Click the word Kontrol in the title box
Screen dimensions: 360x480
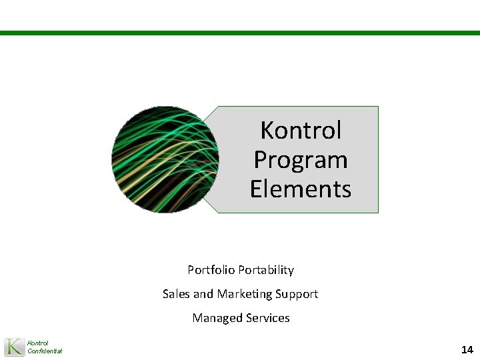(301, 130)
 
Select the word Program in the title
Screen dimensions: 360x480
(301, 161)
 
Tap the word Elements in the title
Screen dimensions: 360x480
(301, 189)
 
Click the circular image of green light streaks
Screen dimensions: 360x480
(165, 159)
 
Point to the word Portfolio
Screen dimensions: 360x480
(209, 270)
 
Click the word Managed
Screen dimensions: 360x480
(215, 318)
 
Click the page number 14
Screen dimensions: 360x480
(467, 349)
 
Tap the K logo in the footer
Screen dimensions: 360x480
(14, 347)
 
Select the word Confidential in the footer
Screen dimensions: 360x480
(45, 351)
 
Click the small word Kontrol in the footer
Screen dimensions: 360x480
(37, 343)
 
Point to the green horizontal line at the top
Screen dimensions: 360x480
(240, 32)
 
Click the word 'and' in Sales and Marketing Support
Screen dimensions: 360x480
(203, 294)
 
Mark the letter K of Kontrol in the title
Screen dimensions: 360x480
(267, 130)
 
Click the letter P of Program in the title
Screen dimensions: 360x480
(261, 160)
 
